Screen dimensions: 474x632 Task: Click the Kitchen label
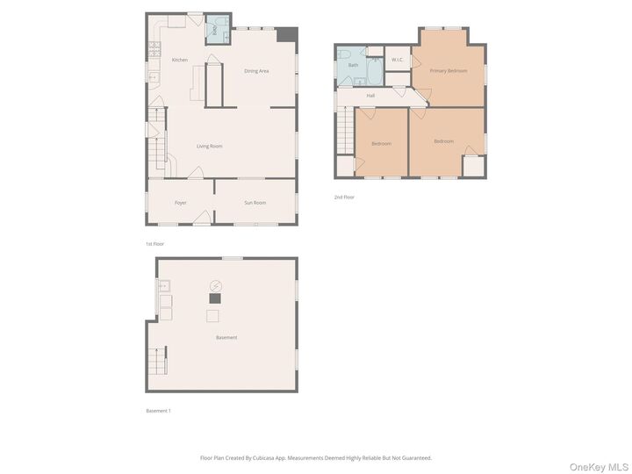point(179,60)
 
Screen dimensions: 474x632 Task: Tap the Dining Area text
point(256,70)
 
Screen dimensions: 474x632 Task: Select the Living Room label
point(209,146)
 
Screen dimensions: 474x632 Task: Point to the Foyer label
point(180,203)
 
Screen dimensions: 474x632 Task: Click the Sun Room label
point(255,203)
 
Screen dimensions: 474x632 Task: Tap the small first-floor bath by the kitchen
point(215,31)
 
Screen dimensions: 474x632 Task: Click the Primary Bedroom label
point(448,70)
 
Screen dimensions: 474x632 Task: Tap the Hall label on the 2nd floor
point(370,95)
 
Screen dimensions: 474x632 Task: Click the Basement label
point(226,337)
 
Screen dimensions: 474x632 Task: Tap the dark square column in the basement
point(214,298)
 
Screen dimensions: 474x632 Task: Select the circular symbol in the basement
point(215,285)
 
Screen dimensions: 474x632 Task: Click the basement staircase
point(158,360)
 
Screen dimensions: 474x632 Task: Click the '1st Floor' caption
point(154,243)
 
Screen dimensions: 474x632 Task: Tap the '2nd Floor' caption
point(344,197)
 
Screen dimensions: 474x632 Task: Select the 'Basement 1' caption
point(158,410)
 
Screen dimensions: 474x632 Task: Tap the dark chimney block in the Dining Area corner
point(287,34)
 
